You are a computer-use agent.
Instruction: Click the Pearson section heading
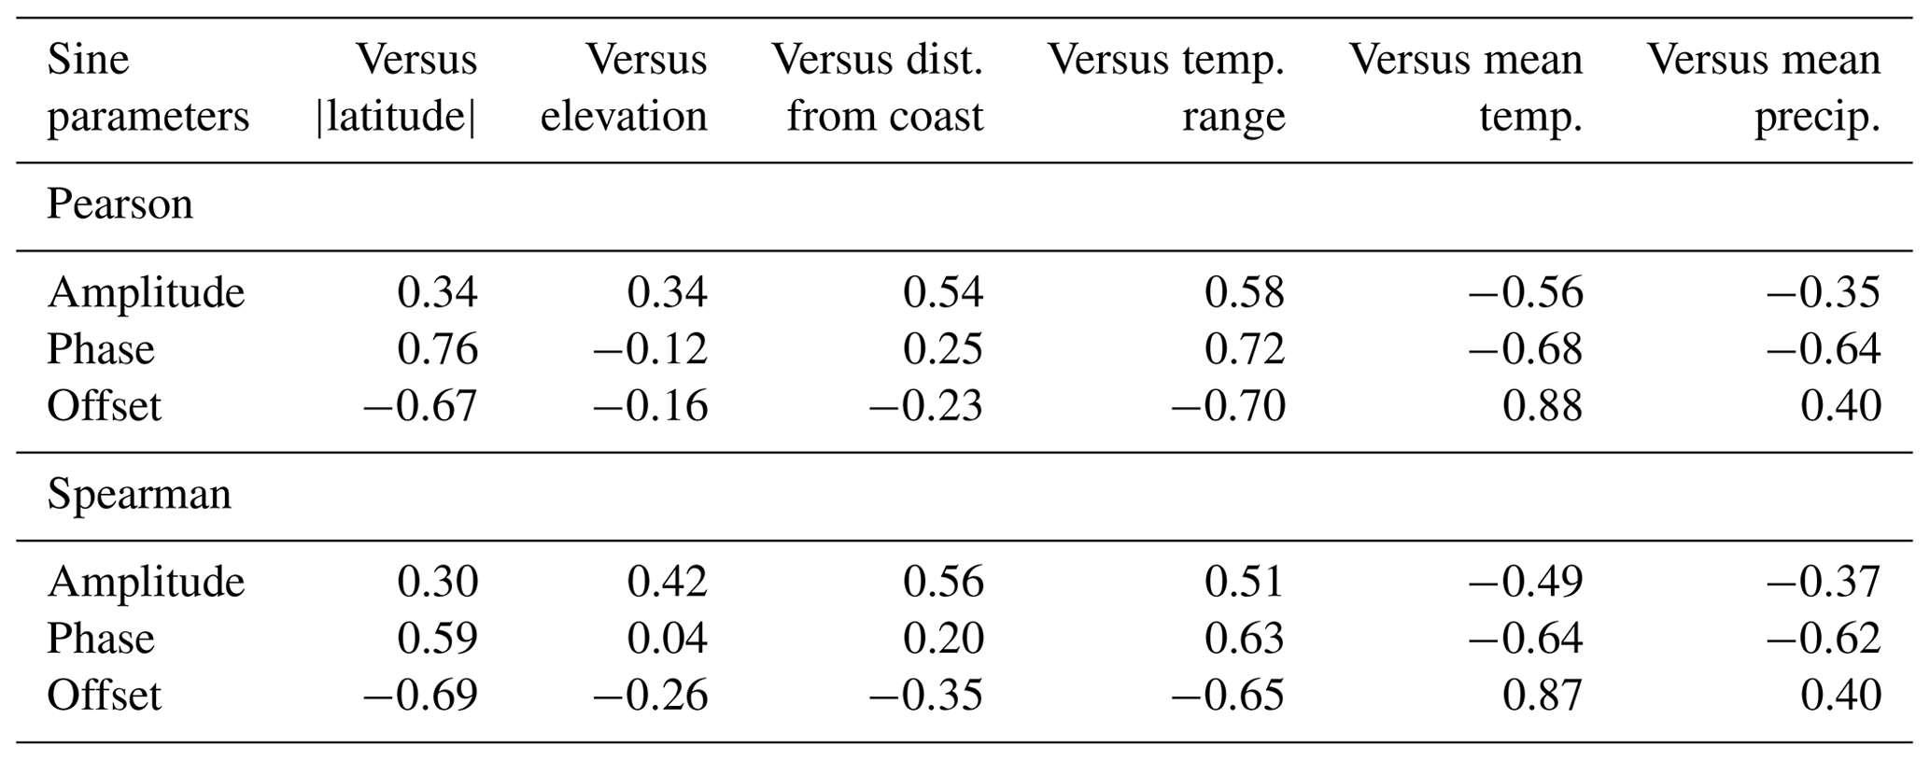pos(120,204)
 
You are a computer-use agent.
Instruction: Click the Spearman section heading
pos(138,493)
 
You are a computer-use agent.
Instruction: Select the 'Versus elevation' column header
pos(624,88)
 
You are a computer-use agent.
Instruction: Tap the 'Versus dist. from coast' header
pos(878,88)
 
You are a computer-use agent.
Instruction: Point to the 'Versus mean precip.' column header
pos(1764,88)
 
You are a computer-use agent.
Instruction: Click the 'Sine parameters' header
pos(148,88)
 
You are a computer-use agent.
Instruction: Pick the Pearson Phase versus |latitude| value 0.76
pos(437,349)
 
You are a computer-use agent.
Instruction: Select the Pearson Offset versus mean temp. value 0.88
pos(1543,406)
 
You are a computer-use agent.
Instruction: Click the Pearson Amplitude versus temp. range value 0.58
pos(1245,292)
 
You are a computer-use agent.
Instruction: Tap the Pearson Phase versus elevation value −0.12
pos(650,349)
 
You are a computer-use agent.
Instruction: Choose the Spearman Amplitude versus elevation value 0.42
pos(667,582)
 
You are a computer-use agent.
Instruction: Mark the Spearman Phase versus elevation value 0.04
pos(667,639)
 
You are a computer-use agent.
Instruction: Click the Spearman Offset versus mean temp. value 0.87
pos(1543,696)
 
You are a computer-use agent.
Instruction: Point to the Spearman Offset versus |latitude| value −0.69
pos(420,696)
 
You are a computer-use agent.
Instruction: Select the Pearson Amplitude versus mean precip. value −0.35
pos(1823,292)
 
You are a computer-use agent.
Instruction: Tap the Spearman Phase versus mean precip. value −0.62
pos(1823,639)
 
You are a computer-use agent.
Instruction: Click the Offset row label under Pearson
pos(104,406)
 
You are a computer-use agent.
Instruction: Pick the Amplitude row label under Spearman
pos(146,582)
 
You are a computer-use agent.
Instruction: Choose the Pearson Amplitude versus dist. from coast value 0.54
pos(943,292)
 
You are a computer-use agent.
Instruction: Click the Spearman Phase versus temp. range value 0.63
pos(1245,639)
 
